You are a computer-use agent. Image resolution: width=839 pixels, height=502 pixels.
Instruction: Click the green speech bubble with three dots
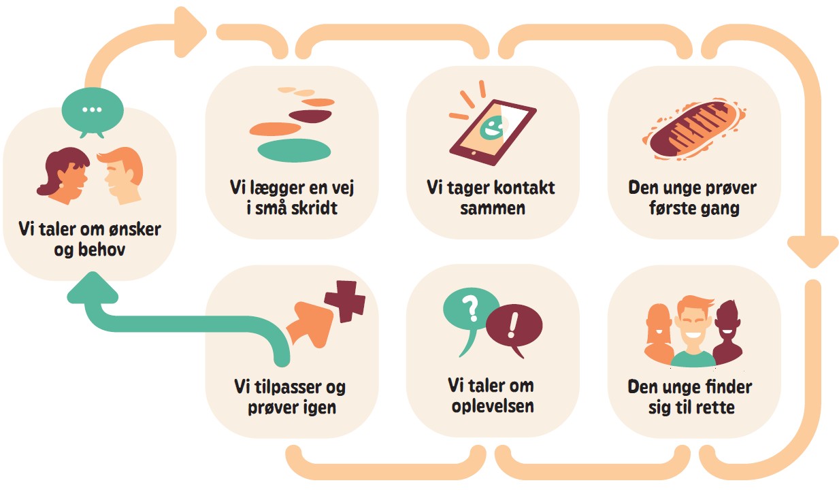92,110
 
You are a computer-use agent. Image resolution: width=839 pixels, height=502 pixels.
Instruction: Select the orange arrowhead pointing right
193,29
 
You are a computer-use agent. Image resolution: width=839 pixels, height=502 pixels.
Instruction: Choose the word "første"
671,208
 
